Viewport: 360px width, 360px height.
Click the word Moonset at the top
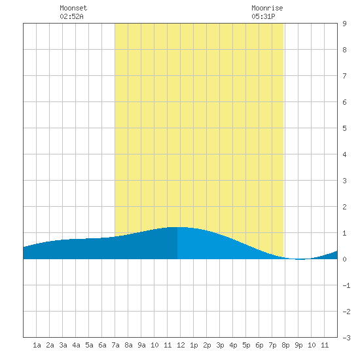73,8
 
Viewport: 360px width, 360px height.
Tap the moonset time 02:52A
71,16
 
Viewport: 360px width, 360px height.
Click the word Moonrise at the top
267,8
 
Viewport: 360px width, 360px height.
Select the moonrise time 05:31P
263,16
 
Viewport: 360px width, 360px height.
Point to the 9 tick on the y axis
344,24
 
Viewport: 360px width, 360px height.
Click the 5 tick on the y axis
344,128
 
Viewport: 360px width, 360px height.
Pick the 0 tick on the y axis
344,259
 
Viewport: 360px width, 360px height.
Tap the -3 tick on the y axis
346,338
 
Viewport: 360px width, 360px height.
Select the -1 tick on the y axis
346,285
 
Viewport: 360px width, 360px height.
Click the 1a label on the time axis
37,345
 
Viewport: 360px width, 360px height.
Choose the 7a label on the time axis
115,345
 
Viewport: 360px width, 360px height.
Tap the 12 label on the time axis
181,345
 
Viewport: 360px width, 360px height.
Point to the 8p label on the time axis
285,345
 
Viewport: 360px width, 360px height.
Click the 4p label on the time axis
233,345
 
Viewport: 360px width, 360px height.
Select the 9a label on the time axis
141,345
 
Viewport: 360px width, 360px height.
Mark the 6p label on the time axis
259,345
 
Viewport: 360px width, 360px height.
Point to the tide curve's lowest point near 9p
300,259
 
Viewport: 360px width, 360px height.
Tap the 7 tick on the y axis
344,76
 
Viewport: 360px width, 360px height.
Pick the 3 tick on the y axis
344,181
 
